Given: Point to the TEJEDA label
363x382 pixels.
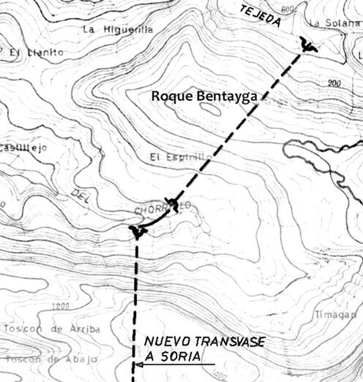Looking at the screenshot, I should pyautogui.click(x=261, y=16).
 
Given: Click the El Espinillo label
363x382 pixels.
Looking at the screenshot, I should pyautogui.click(x=176, y=157).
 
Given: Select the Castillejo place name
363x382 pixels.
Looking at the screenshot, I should pyautogui.click(x=23, y=148).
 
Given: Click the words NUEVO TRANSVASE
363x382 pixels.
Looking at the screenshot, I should pyautogui.click(x=204, y=342).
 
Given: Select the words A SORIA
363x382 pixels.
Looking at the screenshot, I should pyautogui.click(x=170, y=356).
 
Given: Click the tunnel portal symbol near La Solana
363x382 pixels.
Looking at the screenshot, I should pyautogui.click(x=308, y=47).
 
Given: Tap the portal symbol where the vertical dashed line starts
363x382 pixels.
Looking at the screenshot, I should pyautogui.click(x=137, y=232).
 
